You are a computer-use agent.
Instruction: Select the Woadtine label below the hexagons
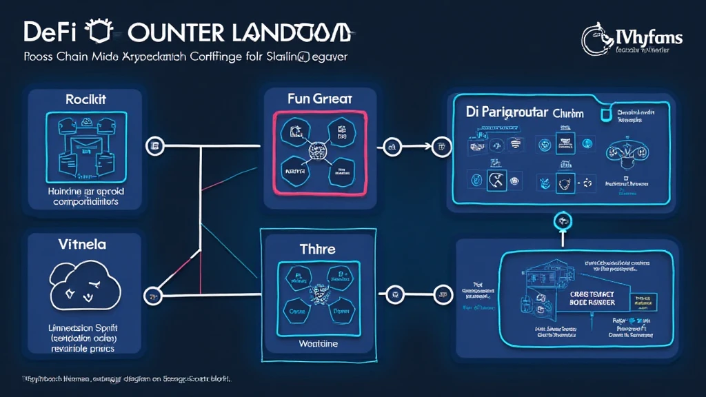pyautogui.click(x=318, y=343)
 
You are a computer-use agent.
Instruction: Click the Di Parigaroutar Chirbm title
pyautogui.click(x=520, y=112)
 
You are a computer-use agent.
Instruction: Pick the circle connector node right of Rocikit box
pyautogui.click(x=155, y=145)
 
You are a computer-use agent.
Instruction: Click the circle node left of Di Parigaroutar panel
pyautogui.click(x=439, y=146)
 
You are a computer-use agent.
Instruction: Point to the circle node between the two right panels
pyautogui.click(x=563, y=221)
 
